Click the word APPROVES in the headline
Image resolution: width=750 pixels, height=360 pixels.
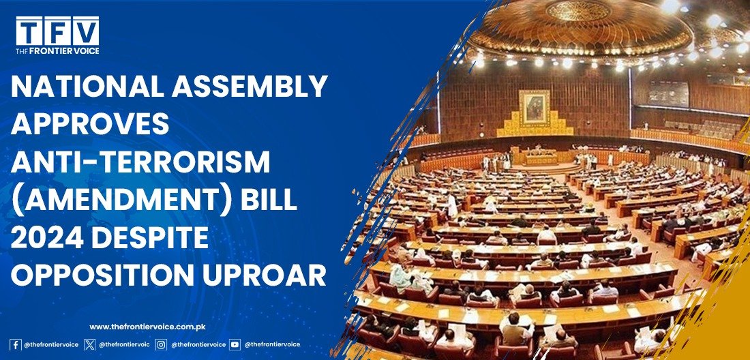[90, 124]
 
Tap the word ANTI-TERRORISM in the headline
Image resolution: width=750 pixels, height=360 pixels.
[140, 161]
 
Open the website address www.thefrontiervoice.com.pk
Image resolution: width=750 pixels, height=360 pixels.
[147, 327]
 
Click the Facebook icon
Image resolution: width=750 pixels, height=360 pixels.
[15, 344]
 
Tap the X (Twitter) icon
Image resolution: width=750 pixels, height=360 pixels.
[89, 344]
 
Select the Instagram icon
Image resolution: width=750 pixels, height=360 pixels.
[162, 344]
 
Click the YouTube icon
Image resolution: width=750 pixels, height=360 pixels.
[235, 344]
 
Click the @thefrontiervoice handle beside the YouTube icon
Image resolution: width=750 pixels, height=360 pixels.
[272, 344]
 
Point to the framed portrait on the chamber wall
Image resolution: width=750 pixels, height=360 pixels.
[535, 108]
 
